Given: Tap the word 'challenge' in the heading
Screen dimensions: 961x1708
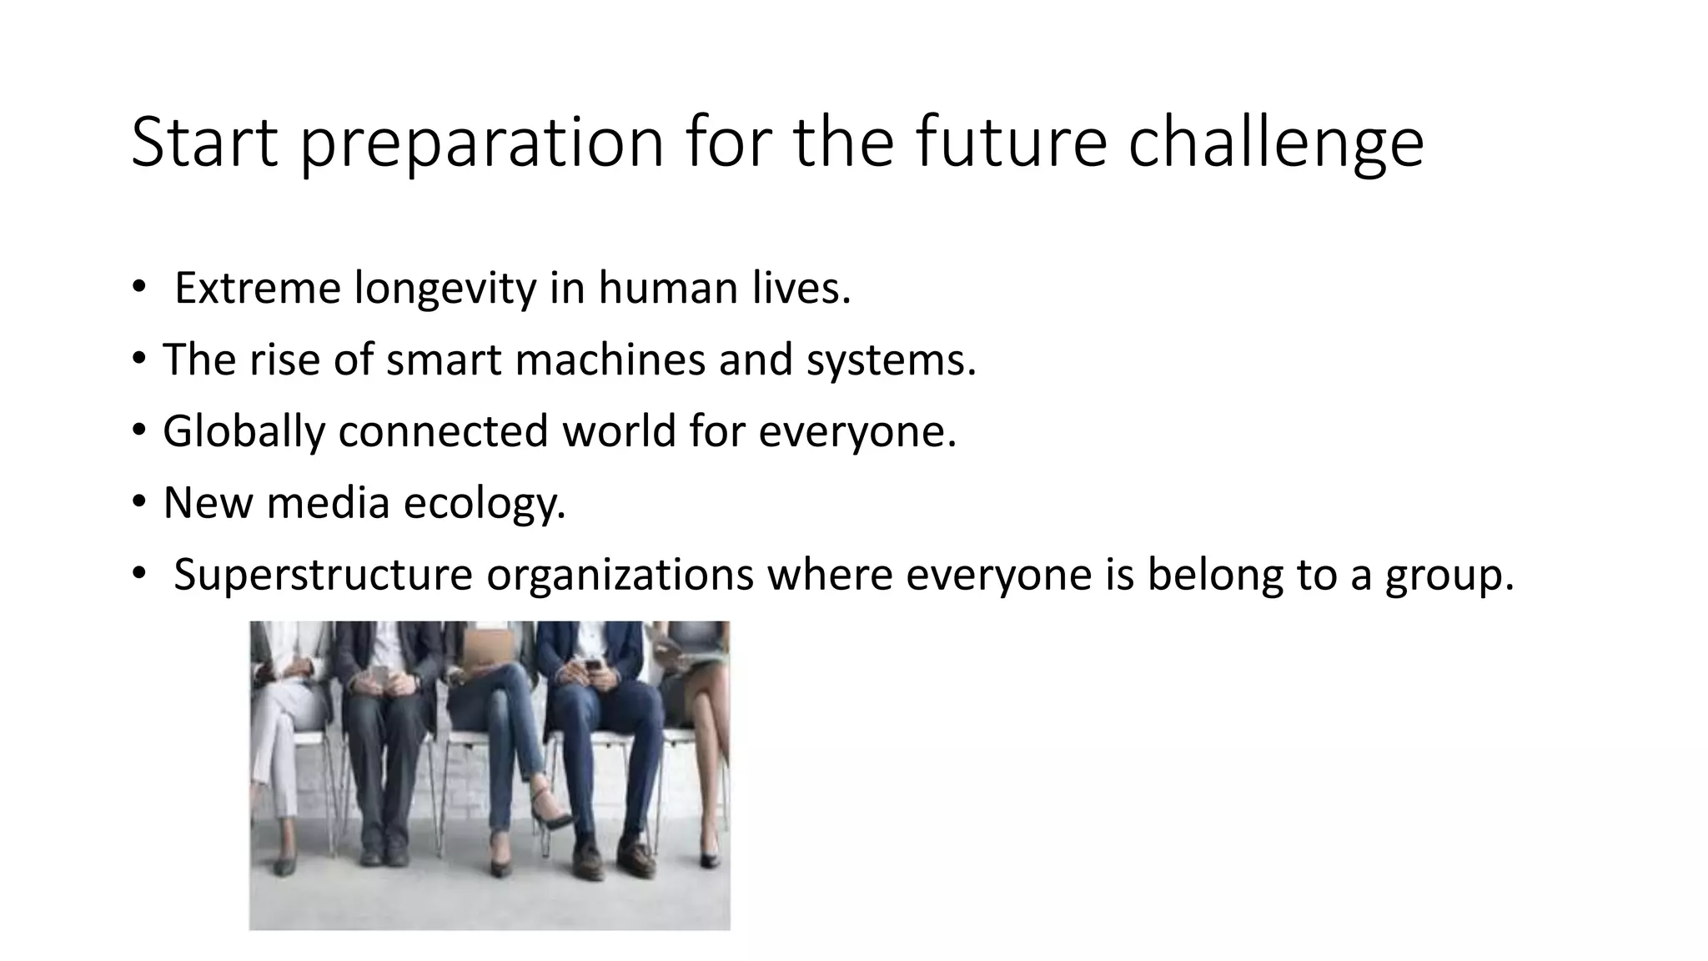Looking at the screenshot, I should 1276,143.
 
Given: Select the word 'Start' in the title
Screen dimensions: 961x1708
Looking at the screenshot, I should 204,143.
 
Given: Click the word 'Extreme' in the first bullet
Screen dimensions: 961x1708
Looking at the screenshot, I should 258,289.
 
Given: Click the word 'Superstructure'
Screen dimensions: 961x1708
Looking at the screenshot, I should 323,575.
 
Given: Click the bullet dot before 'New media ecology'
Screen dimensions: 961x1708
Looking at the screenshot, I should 138,502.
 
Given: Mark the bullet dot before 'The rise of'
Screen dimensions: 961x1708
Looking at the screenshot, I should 138,359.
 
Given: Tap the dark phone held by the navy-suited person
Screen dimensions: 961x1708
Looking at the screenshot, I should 593,667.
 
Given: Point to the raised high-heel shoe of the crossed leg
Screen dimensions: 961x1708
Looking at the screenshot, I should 550,805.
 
